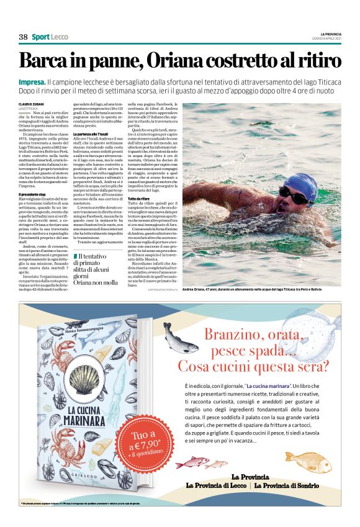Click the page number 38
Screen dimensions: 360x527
(23, 37)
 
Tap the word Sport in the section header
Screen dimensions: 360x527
(41, 37)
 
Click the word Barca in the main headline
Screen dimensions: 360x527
(48, 62)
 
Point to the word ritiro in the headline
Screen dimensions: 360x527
(317, 62)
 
